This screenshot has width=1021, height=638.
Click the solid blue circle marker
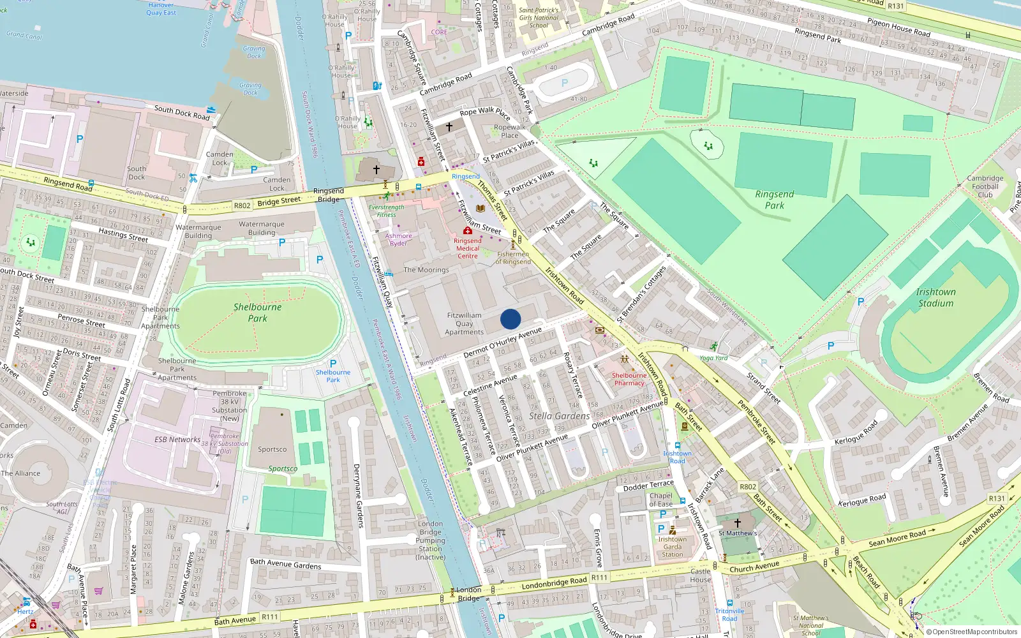point(511,319)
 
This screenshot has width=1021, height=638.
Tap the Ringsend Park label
point(775,200)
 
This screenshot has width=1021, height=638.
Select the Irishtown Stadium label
point(935,297)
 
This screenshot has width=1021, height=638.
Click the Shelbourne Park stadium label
point(257,312)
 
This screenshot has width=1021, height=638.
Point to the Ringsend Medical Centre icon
point(468,230)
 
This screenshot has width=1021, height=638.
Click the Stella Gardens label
point(559,416)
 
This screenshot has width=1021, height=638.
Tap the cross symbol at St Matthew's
point(737,523)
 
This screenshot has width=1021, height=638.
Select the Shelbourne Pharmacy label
point(629,379)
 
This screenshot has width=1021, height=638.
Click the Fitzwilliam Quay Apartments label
point(464,323)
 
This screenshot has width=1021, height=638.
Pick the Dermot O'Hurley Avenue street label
point(502,343)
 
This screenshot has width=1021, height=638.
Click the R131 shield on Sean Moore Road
point(996,498)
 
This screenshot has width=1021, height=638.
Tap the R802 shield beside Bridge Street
point(242,205)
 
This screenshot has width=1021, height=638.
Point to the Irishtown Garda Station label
point(673,547)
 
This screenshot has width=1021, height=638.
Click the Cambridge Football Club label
point(985,186)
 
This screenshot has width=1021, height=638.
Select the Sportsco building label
point(272,449)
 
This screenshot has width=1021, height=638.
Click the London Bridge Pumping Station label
point(430,540)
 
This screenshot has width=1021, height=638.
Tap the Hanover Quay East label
point(161,8)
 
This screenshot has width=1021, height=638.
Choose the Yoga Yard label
point(713,358)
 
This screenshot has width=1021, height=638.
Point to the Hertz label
point(26,611)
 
